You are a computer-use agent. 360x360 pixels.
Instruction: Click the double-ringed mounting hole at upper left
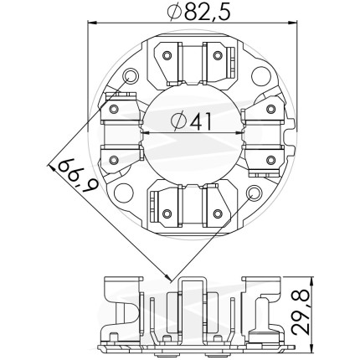pos(131,76)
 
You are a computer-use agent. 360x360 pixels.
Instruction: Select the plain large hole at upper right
pos(261,76)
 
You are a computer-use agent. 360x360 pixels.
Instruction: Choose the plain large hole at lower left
pos(124,193)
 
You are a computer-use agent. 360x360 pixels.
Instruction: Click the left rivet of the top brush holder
pos(167,55)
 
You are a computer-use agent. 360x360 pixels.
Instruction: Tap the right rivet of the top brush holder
pos(218,55)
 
